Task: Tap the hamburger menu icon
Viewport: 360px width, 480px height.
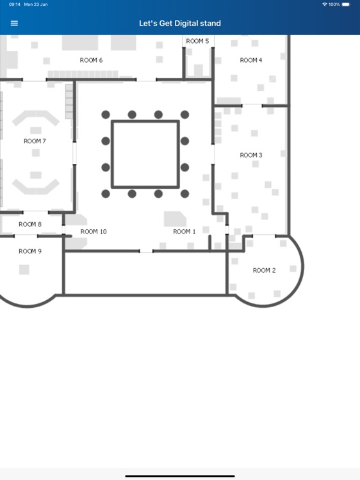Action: [x=15, y=23]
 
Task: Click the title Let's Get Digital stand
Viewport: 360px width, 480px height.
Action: [x=180, y=23]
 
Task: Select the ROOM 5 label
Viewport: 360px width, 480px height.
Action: [x=197, y=41]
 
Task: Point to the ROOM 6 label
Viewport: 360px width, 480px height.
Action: [x=91, y=60]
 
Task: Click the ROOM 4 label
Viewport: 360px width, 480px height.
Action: [x=251, y=60]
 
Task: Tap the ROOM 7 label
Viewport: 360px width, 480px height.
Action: [x=35, y=141]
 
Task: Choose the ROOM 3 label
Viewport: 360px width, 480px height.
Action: [x=251, y=155]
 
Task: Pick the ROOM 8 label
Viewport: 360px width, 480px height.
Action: [x=30, y=224]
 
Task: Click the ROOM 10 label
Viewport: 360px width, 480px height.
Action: [x=94, y=232]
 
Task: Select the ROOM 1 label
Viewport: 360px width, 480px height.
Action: [x=184, y=232]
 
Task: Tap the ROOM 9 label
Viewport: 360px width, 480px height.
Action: [x=30, y=251]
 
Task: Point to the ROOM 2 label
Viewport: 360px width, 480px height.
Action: [x=264, y=270]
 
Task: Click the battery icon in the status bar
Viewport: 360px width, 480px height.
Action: [x=347, y=4]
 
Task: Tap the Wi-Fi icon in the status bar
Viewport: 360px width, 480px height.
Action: [x=325, y=4]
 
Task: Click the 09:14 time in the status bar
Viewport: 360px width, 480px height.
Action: [x=15, y=4]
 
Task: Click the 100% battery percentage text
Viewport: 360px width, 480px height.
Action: [x=334, y=4]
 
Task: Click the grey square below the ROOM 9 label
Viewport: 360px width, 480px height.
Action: [x=24, y=270]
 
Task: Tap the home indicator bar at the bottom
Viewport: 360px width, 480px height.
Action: [x=180, y=476]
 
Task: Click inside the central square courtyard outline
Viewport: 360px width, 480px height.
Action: [x=145, y=154]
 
